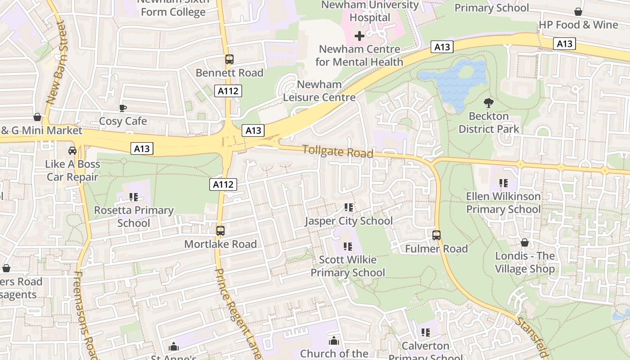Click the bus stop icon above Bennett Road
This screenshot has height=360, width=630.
[229, 59]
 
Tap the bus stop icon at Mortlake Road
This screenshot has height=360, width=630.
[220, 231]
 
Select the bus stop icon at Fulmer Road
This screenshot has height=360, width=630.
[436, 235]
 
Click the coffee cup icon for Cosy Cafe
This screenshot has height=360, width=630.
[122, 108]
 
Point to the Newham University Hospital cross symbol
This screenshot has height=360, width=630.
[360, 36]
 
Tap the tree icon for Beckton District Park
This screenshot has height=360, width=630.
[488, 103]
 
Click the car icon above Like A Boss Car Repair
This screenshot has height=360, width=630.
[72, 150]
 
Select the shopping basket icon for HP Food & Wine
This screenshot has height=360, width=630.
[578, 12]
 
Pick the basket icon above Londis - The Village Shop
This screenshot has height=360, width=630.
[524, 243]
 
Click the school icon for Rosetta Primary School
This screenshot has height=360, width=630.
[133, 197]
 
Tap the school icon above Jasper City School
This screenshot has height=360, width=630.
[348, 207]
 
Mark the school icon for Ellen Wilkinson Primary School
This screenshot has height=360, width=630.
[503, 183]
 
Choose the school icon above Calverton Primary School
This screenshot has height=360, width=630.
[425, 333]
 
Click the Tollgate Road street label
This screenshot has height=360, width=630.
[337, 152]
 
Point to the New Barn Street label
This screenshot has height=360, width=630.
[56, 63]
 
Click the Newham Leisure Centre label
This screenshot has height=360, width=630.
[319, 91]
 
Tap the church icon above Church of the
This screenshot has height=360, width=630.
[333, 341]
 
